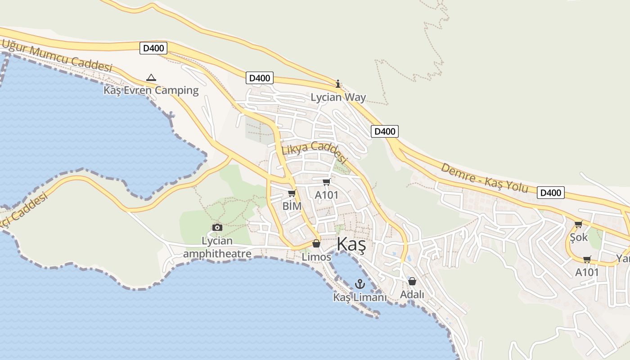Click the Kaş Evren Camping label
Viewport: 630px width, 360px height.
click(151, 90)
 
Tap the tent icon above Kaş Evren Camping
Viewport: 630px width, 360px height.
click(151, 78)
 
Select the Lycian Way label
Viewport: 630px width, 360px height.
click(338, 97)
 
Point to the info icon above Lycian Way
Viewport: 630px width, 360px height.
click(338, 84)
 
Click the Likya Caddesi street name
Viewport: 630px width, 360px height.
click(315, 152)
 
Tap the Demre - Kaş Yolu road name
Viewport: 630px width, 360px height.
click(484, 178)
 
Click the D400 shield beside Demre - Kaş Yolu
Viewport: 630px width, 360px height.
click(550, 193)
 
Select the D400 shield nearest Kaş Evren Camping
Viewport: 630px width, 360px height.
click(153, 48)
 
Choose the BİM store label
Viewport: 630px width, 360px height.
click(292, 206)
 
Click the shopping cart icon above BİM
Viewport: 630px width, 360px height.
click(292, 193)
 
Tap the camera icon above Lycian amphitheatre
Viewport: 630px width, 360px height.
click(217, 228)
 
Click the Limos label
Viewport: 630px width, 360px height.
click(316, 257)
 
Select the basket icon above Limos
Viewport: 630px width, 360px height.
click(316, 244)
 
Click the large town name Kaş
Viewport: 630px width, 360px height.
click(351, 245)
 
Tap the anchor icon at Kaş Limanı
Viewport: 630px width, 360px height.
click(360, 284)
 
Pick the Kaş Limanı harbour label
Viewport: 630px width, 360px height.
click(360, 297)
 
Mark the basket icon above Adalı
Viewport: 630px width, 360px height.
click(412, 282)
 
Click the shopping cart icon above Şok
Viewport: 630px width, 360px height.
click(579, 224)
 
